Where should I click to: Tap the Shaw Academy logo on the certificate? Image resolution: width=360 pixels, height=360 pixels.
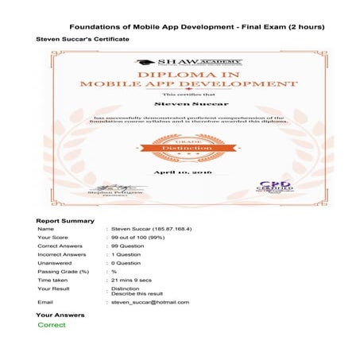pos(189,62)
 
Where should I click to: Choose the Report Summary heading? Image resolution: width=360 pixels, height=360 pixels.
pos(65,220)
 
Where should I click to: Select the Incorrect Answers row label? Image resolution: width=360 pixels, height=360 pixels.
pos(63,257)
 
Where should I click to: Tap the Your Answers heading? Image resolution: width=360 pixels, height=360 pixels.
pos(60,315)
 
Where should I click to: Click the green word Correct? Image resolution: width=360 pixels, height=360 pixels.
pos(52,325)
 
